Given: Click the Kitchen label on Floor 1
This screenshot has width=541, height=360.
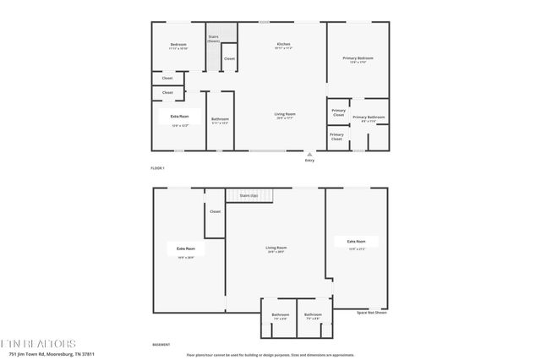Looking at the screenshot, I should pyautogui.click(x=283, y=44).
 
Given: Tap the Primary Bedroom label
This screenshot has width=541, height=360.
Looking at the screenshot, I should pyautogui.click(x=358, y=58).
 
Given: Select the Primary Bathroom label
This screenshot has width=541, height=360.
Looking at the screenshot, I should pyautogui.click(x=369, y=117).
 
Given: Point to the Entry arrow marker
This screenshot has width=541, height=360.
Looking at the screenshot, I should pyautogui.click(x=309, y=155).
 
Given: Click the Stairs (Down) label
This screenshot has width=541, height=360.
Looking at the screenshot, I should pyautogui.click(x=214, y=38).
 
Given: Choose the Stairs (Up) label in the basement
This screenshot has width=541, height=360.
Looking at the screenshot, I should pyautogui.click(x=249, y=195).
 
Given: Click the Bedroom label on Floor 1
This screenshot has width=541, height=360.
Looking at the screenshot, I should pyautogui.click(x=178, y=44).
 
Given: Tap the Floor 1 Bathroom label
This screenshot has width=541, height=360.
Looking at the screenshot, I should pyautogui.click(x=220, y=119).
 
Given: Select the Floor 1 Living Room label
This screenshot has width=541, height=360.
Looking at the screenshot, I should pyautogui.click(x=284, y=113).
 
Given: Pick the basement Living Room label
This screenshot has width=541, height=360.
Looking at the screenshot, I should pyautogui.click(x=276, y=248).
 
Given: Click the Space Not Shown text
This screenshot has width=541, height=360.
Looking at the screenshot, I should pyautogui.click(x=371, y=313).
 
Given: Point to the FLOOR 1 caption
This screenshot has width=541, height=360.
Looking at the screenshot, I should pyautogui.click(x=158, y=169).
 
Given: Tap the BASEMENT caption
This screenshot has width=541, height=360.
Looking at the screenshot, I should pyautogui.click(x=161, y=345).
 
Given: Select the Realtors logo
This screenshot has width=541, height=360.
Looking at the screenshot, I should pyautogui.click(x=38, y=344).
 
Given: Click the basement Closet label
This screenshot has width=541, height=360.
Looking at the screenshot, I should pyautogui.click(x=215, y=211).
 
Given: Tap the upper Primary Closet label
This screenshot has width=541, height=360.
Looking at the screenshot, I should pyautogui.click(x=338, y=111).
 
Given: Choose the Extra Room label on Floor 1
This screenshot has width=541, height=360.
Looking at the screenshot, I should pyautogui.click(x=179, y=116).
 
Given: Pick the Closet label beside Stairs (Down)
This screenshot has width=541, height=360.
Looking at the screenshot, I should pyautogui.click(x=229, y=58).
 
